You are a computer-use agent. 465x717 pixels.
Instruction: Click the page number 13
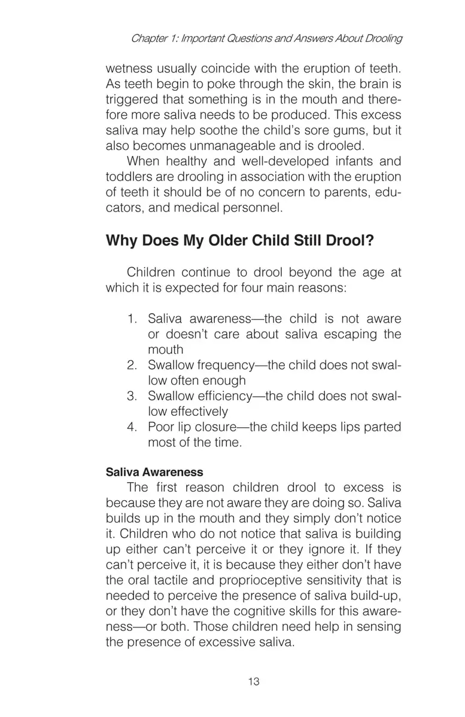[x=254, y=681]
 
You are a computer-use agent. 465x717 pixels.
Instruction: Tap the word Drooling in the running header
[x=379, y=39]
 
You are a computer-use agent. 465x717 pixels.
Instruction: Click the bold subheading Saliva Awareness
[x=154, y=472]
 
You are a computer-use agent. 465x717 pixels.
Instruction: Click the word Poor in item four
[x=160, y=427]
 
